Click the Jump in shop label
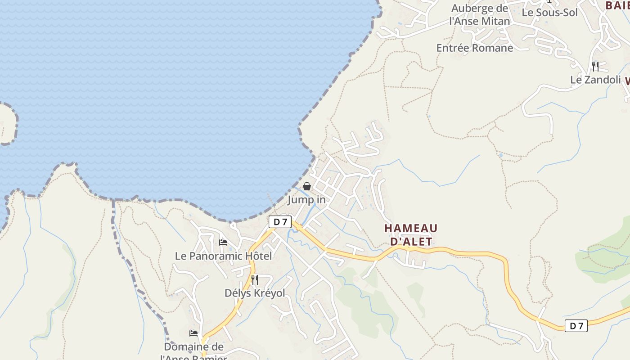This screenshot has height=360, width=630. pyautogui.click(x=306, y=199)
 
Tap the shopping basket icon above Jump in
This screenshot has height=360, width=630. pyautogui.click(x=307, y=186)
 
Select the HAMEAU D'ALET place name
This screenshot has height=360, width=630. pyautogui.click(x=411, y=235)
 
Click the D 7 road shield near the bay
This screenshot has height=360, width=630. pyautogui.click(x=280, y=221)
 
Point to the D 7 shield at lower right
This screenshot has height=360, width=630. pyautogui.click(x=576, y=326)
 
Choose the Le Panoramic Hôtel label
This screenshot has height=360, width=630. pyautogui.click(x=223, y=256)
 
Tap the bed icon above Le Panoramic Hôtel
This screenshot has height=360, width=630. pyautogui.click(x=223, y=243)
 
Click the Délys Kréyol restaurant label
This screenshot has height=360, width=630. pyautogui.click(x=255, y=293)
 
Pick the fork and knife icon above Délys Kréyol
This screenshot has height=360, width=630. pyautogui.click(x=255, y=279)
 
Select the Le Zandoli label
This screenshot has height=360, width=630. pyautogui.click(x=595, y=80)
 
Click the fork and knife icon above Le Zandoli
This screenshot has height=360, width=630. pyautogui.click(x=595, y=67)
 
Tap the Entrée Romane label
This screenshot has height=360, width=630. pyautogui.click(x=475, y=48)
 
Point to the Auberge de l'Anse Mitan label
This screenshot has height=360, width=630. pyautogui.click(x=480, y=15)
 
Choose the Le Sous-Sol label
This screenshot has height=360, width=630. pyautogui.click(x=549, y=13)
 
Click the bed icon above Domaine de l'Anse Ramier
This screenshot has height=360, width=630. pyautogui.click(x=193, y=333)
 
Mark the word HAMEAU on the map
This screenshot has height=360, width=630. pyautogui.click(x=411, y=229)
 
